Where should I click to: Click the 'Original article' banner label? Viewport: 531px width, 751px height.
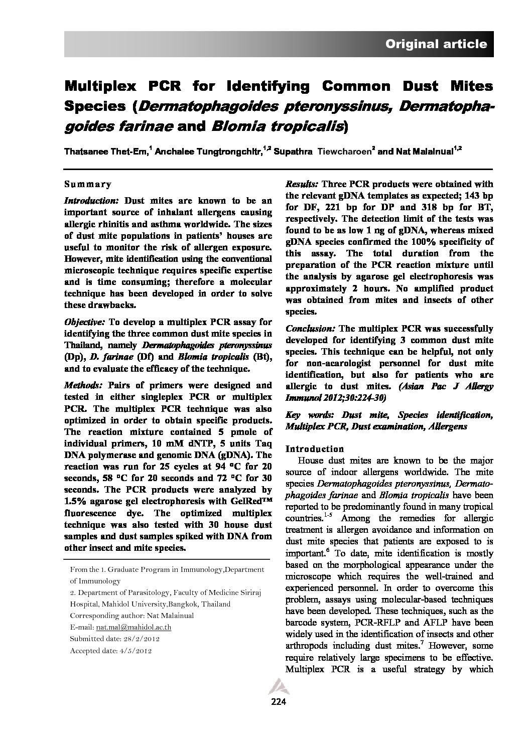tap(436, 44)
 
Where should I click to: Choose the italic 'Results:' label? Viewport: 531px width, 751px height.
tap(302, 184)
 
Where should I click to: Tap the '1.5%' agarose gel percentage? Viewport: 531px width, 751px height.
tap(76, 501)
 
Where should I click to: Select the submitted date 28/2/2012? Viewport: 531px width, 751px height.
tap(141, 639)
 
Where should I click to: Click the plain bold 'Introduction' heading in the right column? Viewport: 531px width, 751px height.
tap(315, 448)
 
